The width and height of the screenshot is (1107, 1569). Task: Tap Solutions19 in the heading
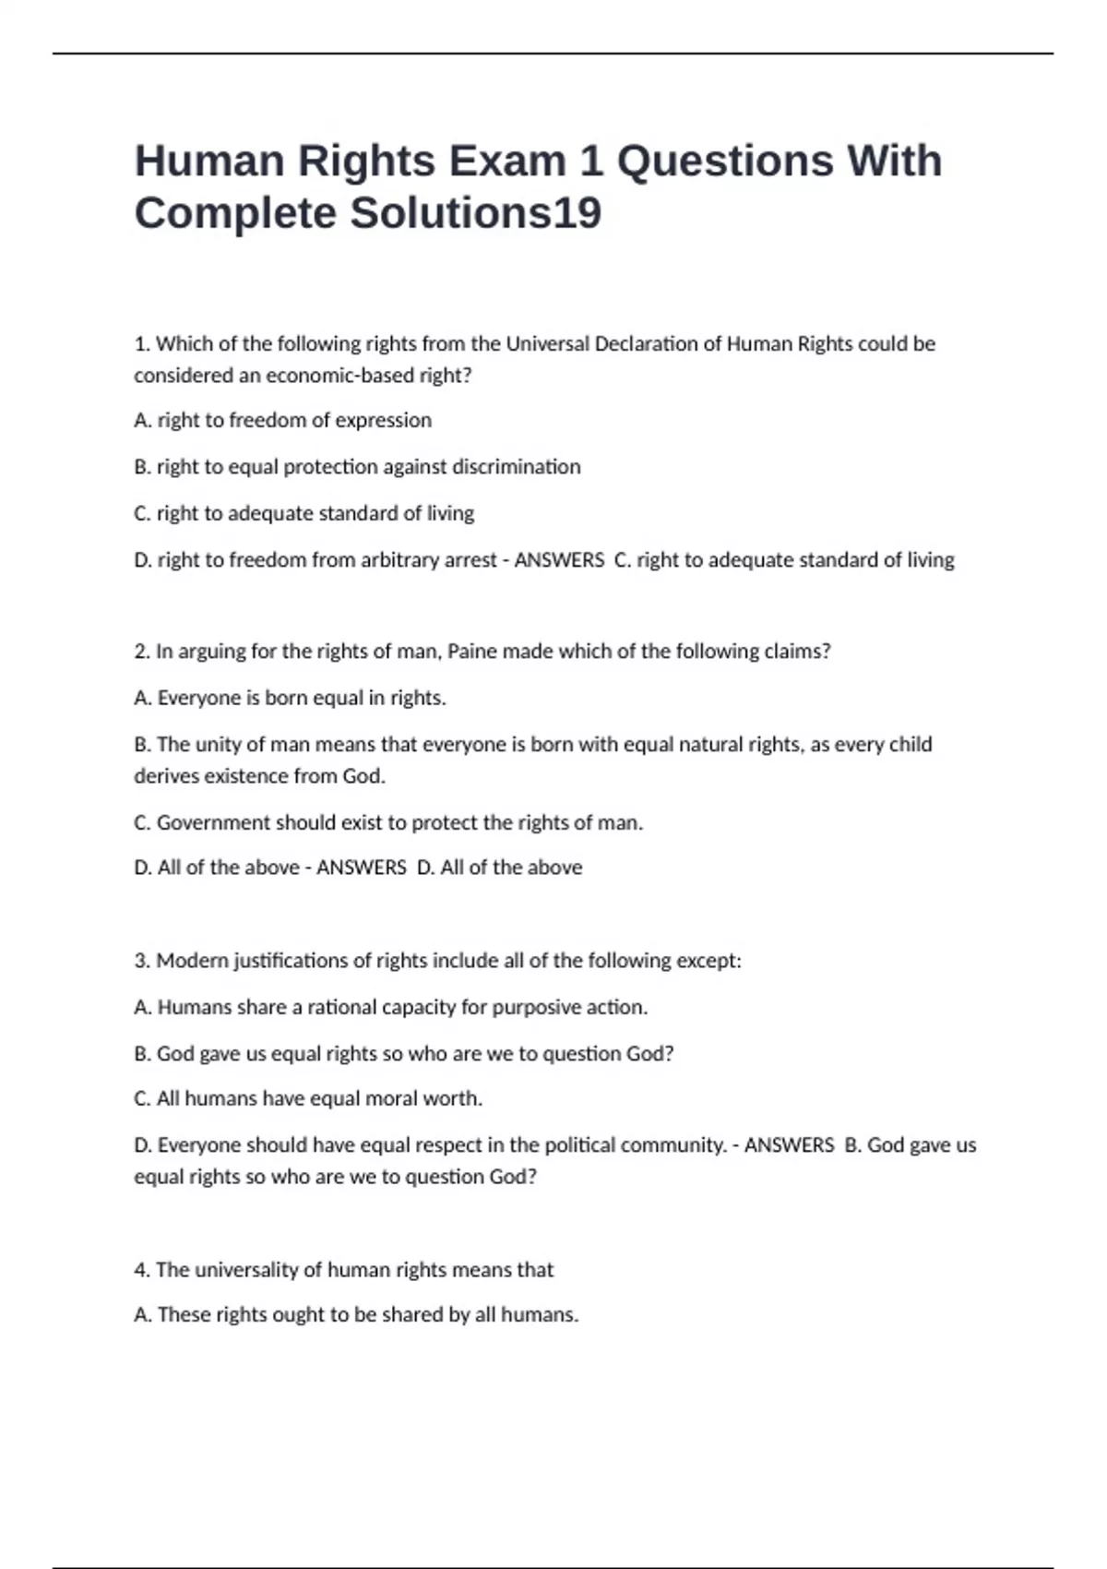tap(475, 213)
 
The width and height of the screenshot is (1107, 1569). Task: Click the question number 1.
tap(142, 344)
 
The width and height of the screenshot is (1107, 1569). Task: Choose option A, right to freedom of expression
tap(282, 420)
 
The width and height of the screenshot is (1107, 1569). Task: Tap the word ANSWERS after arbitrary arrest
tap(559, 560)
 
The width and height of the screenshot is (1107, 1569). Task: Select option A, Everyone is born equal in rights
tap(290, 698)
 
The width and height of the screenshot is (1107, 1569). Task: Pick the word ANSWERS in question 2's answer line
tap(361, 868)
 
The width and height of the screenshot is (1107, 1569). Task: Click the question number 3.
tap(142, 961)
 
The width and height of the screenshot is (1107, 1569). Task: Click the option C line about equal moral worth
tap(308, 1098)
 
